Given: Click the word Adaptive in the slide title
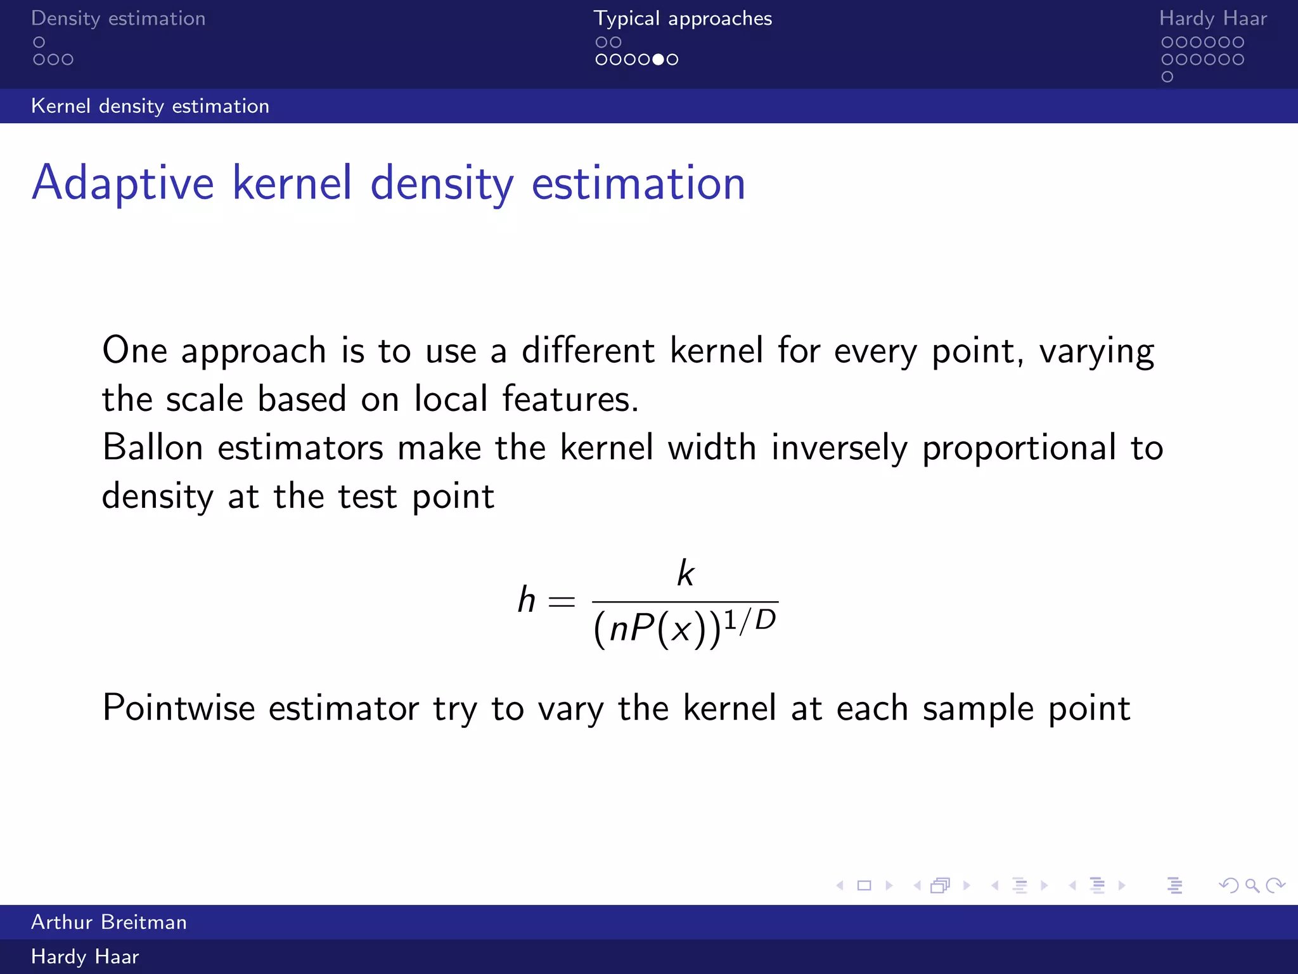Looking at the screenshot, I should [x=123, y=183].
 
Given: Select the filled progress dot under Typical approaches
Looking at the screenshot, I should [x=659, y=60].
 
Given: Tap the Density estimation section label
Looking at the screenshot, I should [x=119, y=18].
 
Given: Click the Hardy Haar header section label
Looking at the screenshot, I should [x=1212, y=18].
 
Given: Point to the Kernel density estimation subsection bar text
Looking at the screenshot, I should [x=150, y=106].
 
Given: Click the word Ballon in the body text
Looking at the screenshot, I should [x=152, y=448].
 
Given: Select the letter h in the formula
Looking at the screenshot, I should [x=527, y=600].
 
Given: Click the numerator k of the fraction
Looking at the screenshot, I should [x=685, y=573].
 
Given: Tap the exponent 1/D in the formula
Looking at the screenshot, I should [x=750, y=620].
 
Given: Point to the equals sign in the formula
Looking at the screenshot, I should [x=562, y=601].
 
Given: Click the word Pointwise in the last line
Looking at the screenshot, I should [x=178, y=708].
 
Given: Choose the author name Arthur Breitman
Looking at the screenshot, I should [x=109, y=922].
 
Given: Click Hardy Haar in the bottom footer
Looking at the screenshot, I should [x=85, y=957].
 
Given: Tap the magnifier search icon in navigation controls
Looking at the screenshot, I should [x=1252, y=885].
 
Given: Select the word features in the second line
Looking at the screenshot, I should [x=570, y=399].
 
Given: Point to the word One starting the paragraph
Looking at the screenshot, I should [x=134, y=351].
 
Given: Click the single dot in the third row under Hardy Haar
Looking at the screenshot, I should [x=1167, y=77].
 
